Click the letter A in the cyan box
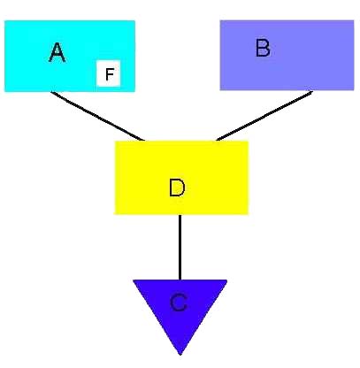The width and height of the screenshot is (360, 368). click(57, 52)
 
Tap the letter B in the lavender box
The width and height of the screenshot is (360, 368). click(263, 48)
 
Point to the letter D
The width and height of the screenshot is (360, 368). click(177, 188)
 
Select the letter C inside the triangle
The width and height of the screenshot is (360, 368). click(179, 303)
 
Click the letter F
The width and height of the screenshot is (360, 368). click(110, 74)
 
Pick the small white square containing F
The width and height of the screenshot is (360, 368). click(108, 73)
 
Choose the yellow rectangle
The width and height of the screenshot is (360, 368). click(181, 178)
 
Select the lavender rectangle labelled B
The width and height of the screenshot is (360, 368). click(287, 55)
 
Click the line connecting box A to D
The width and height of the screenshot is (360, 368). click(97, 116)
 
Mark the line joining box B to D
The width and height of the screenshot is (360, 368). click(264, 116)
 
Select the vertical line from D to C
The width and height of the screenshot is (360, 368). click(180, 247)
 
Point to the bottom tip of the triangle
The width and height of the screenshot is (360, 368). click(180, 355)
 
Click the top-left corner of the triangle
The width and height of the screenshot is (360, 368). click(133, 280)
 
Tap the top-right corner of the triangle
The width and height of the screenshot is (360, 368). click(227, 280)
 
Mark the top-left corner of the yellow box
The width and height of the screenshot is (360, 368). click(115, 141)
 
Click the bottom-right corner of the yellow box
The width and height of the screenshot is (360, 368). click(249, 214)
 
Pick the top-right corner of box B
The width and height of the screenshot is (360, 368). click(354, 20)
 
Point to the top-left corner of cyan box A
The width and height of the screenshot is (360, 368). click(4, 20)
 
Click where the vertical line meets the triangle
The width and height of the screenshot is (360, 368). click(180, 280)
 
